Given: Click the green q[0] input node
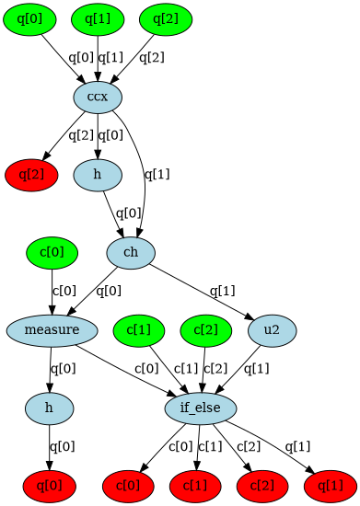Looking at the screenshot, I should coord(29,18).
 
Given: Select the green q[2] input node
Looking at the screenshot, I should coord(166,18).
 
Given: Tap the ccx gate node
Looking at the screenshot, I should coord(98,97).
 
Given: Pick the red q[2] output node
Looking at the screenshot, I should coord(29,174).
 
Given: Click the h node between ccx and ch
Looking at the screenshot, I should coord(98,174).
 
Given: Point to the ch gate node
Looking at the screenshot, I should coord(130,252).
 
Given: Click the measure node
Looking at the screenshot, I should coord(52,329).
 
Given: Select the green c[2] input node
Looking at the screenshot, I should coord(205,329).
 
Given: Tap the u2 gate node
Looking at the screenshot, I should coord(273,329).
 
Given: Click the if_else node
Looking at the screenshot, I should coord(202,407).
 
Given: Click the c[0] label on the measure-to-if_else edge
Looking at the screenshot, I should coord(148,369).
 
